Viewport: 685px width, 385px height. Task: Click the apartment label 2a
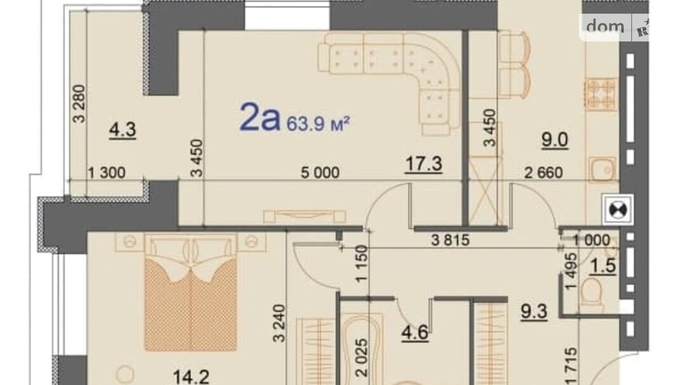pyautogui.click(x=260, y=117)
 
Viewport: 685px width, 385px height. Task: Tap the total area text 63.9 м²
pyautogui.click(x=318, y=124)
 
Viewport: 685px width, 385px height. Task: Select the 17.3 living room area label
pyautogui.click(x=424, y=164)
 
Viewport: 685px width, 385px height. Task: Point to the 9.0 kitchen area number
pyautogui.click(x=554, y=140)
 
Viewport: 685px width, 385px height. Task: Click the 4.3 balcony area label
pyautogui.click(x=123, y=130)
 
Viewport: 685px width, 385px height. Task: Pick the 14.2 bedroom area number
pyautogui.click(x=191, y=377)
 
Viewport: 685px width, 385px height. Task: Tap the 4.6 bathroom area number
pyautogui.click(x=415, y=332)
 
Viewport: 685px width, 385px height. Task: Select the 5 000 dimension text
pyautogui.click(x=320, y=173)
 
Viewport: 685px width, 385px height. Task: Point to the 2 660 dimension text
pyautogui.click(x=543, y=173)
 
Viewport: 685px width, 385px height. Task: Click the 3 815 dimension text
pyautogui.click(x=450, y=240)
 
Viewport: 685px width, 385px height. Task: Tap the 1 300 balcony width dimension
pyautogui.click(x=107, y=173)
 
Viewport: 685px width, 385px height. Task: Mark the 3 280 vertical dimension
pyautogui.click(x=79, y=104)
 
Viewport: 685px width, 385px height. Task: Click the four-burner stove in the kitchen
pyautogui.click(x=600, y=94)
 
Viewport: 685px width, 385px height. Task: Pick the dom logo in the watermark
pyautogui.click(x=605, y=27)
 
